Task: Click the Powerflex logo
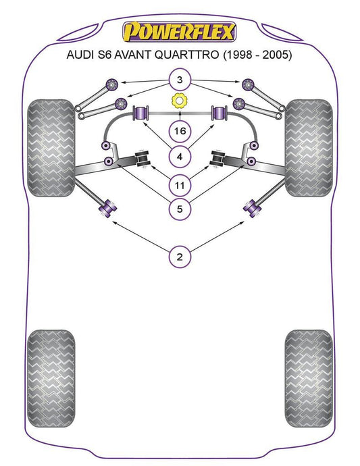179,32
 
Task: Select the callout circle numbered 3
180,80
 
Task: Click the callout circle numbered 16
180,131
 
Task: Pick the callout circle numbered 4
180,157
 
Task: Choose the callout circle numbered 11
180,186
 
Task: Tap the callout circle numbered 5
180,209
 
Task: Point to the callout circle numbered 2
180,257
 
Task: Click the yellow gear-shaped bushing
179,101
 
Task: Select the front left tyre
51,148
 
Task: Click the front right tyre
309,148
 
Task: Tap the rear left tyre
51,378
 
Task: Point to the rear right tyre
309,378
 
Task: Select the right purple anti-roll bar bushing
219,113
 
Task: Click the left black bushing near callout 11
142,159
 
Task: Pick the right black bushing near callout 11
217,159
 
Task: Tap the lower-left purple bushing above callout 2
107,208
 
